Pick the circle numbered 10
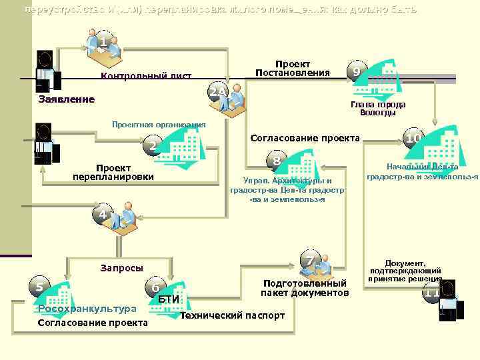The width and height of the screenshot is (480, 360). [414, 139]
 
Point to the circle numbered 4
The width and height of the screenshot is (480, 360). [102, 215]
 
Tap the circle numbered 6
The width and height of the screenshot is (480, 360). [155, 288]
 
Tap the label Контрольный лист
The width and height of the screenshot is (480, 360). [146, 76]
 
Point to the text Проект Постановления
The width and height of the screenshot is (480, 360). [293, 68]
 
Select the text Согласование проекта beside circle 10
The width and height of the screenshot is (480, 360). [304, 139]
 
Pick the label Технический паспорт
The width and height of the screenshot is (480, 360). [233, 315]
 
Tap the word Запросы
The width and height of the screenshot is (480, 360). [121, 268]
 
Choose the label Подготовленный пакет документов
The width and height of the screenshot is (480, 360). [305, 288]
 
